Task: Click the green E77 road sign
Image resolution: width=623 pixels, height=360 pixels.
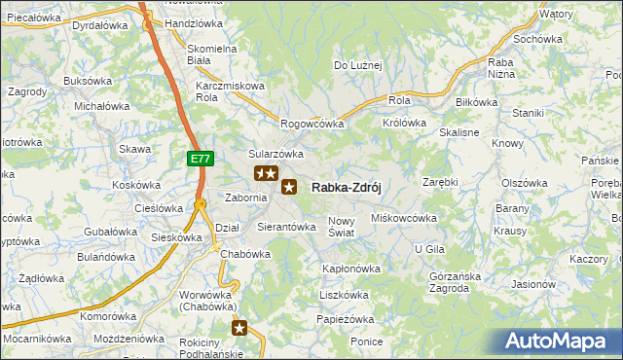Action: pyautogui.click(x=200, y=158)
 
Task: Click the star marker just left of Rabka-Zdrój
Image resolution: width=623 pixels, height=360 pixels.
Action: pyautogui.click(x=289, y=187)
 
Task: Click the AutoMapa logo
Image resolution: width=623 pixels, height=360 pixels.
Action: pyautogui.click(x=560, y=342)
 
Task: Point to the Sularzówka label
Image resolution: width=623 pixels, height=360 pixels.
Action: pyautogui.click(x=276, y=154)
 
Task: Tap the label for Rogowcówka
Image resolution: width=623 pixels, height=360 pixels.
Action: pyautogui.click(x=312, y=124)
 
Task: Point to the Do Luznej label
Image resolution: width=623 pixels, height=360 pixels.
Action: pyautogui.click(x=358, y=65)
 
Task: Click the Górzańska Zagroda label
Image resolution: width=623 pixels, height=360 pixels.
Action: pyautogui.click(x=456, y=281)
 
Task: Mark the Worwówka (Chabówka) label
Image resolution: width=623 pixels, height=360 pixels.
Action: pyautogui.click(x=207, y=300)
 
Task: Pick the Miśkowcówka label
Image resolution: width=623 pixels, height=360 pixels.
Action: pyautogui.click(x=405, y=218)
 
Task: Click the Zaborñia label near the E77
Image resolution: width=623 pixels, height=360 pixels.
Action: pyautogui.click(x=245, y=197)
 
